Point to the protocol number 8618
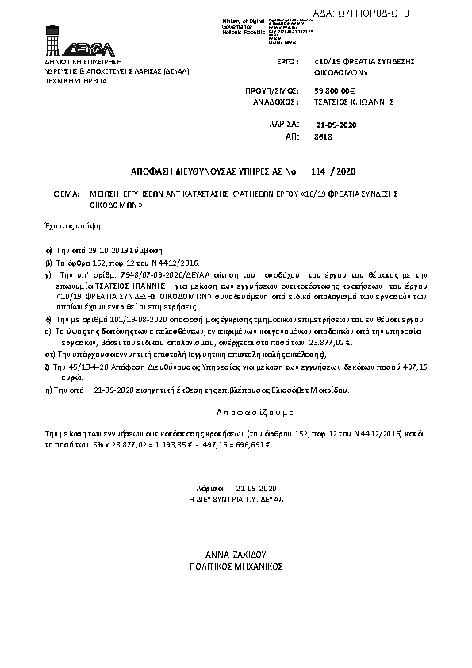click(x=322, y=137)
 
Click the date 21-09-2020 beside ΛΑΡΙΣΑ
click(x=336, y=125)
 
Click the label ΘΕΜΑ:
click(x=66, y=193)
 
